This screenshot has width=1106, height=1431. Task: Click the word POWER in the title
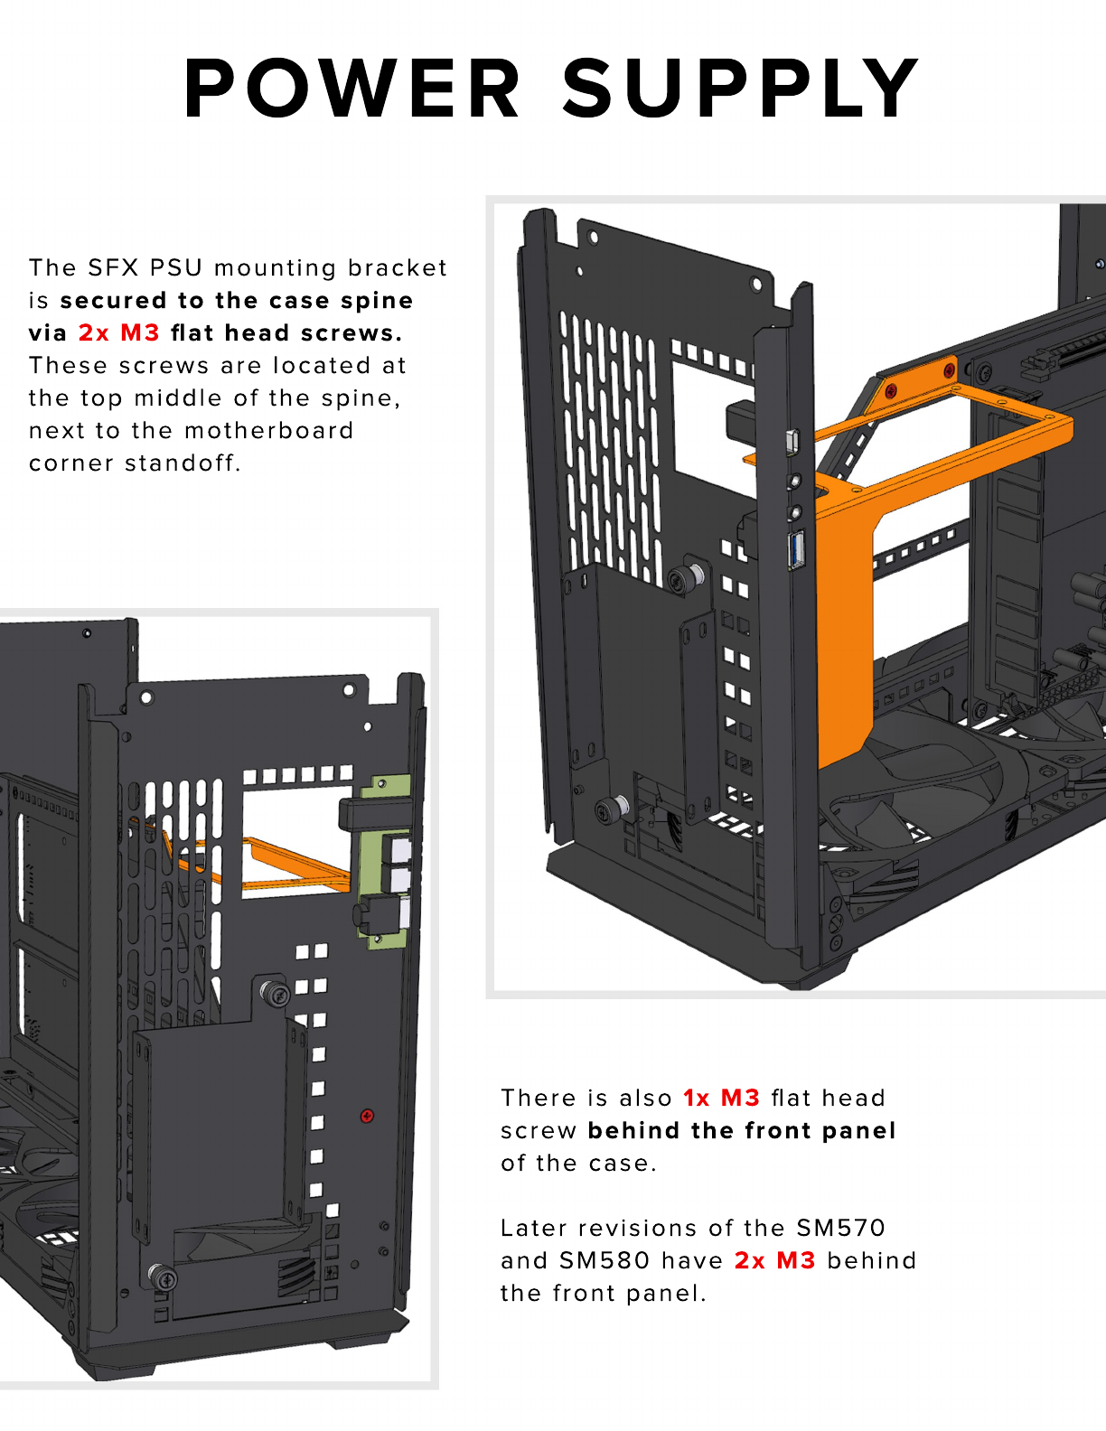[x=352, y=88]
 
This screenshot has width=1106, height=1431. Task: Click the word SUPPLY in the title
[x=740, y=88]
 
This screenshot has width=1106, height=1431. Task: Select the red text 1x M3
[x=721, y=1098]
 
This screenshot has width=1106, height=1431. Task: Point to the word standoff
[x=183, y=463]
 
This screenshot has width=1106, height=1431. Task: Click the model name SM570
[x=840, y=1228]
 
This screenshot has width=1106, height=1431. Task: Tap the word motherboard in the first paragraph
[x=268, y=431]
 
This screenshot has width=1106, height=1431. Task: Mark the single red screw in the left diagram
[x=368, y=1116]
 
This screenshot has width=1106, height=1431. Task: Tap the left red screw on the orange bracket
[x=891, y=390]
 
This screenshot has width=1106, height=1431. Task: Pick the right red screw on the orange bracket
[x=949, y=370]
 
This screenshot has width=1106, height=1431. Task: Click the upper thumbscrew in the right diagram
[x=685, y=577]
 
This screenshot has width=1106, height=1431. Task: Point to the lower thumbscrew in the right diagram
[x=612, y=809]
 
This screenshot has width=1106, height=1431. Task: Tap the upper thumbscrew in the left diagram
[x=276, y=993]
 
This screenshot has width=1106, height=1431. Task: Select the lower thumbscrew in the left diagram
[x=163, y=1277]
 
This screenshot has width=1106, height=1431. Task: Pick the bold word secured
[x=113, y=301]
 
